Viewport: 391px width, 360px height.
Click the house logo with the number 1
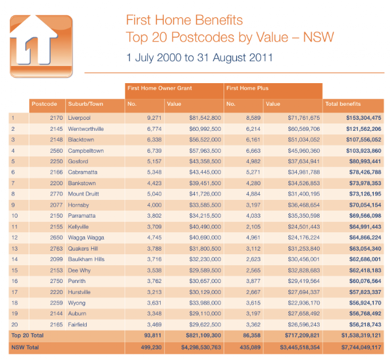pos(41,46)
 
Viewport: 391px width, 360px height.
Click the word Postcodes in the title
pos(203,37)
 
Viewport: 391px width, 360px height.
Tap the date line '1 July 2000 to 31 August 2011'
pos(200,57)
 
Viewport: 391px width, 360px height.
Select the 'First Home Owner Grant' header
pos(159,88)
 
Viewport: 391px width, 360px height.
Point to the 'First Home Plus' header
pos(247,88)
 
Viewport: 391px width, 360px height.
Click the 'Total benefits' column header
pos(343,104)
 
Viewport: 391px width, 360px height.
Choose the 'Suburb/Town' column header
pos(86,104)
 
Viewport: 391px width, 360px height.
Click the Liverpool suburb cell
pos(79,118)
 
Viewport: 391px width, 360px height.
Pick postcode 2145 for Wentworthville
pos(56,129)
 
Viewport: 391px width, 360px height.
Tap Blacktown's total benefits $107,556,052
pos(364,140)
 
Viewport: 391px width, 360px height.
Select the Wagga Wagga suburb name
pos(86,238)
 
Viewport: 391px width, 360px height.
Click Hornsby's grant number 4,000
pos(155,205)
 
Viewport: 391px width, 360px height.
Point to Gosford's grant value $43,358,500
pos(205,161)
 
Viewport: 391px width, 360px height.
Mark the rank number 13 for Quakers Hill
pos(15,249)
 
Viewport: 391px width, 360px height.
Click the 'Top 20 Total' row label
pos(27,336)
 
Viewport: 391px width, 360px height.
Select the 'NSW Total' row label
pos(25,347)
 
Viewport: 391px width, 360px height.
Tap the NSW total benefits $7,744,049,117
pos(361,347)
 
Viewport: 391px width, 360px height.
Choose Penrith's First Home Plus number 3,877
pos(253,281)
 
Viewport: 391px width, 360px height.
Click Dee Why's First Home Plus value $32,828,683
pos(304,270)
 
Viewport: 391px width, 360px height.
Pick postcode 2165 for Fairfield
pos(56,325)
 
